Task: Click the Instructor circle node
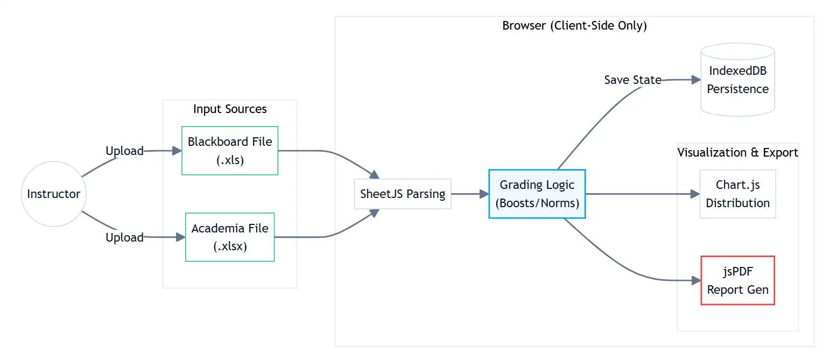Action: tap(53, 194)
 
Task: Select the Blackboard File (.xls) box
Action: tap(230, 151)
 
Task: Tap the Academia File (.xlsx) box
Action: tap(230, 237)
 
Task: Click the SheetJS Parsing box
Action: tap(403, 194)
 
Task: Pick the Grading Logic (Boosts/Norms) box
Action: tap(537, 194)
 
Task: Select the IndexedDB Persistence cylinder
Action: tap(737, 80)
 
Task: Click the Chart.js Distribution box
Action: tap(737, 194)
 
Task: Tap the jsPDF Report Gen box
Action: tap(737, 280)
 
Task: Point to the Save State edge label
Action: tap(632, 80)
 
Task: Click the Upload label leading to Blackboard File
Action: tap(124, 151)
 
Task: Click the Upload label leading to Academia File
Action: tap(124, 237)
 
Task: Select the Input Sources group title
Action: tap(230, 109)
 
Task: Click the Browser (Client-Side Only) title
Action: tap(574, 25)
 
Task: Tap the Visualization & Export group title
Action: tap(737, 152)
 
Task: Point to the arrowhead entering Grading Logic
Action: tap(484, 194)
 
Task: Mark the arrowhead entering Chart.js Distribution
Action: tap(695, 194)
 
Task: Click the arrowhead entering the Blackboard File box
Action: tap(177, 151)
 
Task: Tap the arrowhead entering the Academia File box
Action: tap(180, 237)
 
